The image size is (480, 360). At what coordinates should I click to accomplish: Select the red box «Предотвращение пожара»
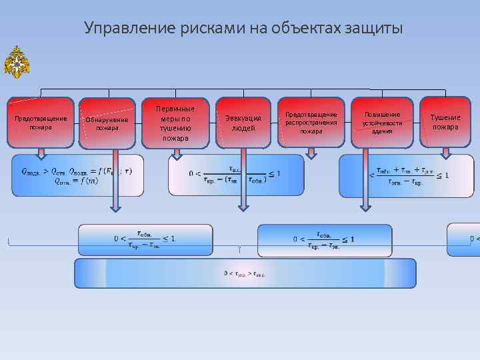(x=41, y=123)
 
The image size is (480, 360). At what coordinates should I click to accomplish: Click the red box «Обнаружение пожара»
(x=107, y=123)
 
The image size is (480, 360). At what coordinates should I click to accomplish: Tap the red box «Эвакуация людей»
(x=243, y=123)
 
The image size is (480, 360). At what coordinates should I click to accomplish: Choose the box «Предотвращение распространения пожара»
(x=311, y=123)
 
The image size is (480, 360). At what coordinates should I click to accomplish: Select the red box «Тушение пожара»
(x=445, y=122)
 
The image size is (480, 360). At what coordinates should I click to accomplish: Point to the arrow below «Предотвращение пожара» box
(x=41, y=154)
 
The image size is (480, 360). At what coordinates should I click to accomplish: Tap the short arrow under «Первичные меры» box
(x=177, y=154)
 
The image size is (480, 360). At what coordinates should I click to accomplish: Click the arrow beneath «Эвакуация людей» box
(x=243, y=154)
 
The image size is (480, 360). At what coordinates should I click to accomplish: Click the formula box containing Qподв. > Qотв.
(x=78, y=176)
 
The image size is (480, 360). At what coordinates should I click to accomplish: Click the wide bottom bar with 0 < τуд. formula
(x=245, y=273)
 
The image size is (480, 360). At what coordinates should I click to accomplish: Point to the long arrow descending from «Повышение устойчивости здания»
(x=365, y=180)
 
